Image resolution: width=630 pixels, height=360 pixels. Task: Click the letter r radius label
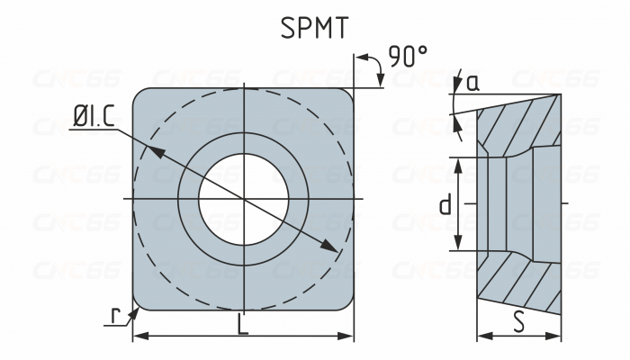(115, 315)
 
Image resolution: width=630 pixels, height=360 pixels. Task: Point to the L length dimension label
(242, 326)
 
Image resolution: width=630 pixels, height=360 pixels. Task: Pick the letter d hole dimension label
(445, 205)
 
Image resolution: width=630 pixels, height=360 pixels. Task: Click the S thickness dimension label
(519, 322)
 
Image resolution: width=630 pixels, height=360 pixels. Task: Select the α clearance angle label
(472, 83)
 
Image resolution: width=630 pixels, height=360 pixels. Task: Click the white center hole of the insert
(243, 197)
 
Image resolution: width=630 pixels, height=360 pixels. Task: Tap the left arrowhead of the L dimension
(139, 337)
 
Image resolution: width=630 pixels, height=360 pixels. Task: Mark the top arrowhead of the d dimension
(459, 163)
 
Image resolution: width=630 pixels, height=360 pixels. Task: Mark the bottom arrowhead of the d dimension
(459, 245)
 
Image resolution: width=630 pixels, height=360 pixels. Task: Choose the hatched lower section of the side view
(520, 283)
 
